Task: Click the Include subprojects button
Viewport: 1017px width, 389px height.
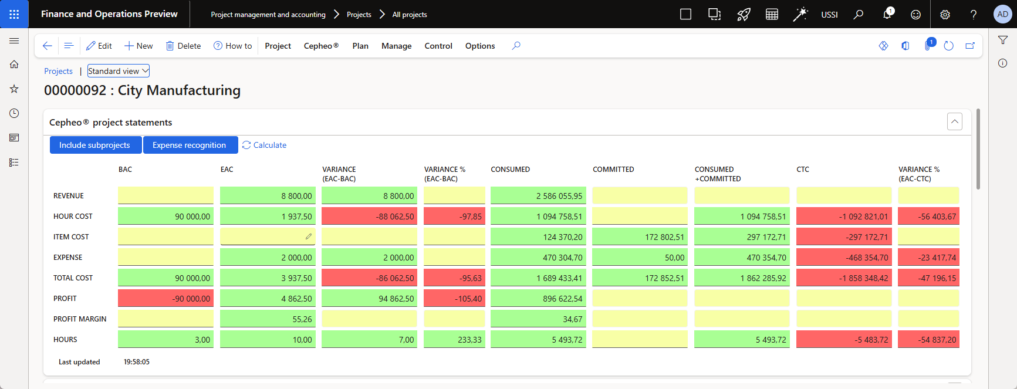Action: tap(95, 145)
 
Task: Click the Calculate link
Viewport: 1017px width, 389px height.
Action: tap(264, 145)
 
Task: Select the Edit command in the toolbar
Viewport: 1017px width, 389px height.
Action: tap(99, 46)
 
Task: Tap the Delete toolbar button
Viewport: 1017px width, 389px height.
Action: tap(183, 46)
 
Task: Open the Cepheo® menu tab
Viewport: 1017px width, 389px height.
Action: tap(321, 46)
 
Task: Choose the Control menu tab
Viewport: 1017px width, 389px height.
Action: tap(438, 46)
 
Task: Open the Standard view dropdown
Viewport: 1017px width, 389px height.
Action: tap(119, 71)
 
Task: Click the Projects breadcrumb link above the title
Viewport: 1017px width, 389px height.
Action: tap(58, 71)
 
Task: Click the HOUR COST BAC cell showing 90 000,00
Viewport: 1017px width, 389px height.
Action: tap(165, 216)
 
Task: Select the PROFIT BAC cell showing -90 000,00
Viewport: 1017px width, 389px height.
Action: tap(165, 298)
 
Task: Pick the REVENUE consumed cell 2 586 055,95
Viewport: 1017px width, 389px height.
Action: tap(538, 195)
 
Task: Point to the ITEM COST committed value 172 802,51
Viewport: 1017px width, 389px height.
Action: tap(640, 236)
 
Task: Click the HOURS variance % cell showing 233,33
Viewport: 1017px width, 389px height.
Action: tap(454, 339)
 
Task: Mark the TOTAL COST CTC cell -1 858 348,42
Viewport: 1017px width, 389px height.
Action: tap(844, 278)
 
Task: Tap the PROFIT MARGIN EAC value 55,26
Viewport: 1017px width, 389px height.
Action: tap(268, 319)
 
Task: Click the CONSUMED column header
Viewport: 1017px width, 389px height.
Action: tap(511, 170)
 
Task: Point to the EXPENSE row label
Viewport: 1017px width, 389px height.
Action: tap(68, 258)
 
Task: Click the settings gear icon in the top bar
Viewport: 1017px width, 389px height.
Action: tap(945, 14)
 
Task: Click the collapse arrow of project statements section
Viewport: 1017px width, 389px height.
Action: tap(955, 121)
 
